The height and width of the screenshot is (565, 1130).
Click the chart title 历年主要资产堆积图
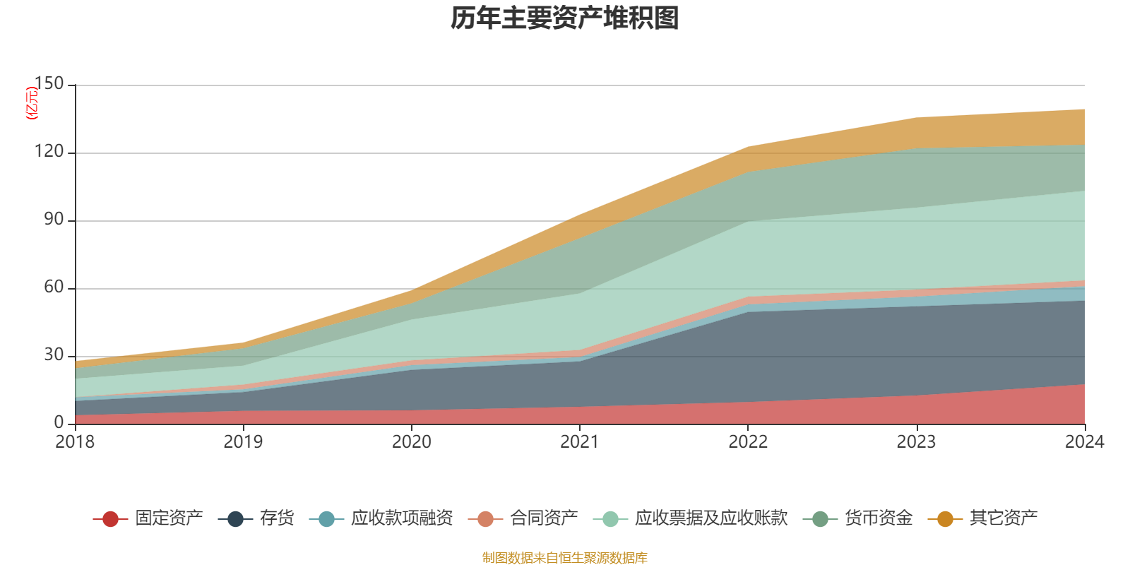tap(565, 18)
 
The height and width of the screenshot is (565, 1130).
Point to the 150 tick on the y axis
tap(49, 84)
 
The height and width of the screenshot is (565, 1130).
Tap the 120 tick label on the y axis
tap(49, 152)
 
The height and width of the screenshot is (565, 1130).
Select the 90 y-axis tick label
tap(54, 220)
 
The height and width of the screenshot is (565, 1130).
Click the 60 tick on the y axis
tap(54, 287)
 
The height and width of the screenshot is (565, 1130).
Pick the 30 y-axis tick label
tap(54, 355)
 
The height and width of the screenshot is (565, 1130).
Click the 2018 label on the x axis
tap(75, 442)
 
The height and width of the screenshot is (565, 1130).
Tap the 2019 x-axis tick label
tap(243, 442)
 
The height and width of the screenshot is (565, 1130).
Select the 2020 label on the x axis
tap(411, 442)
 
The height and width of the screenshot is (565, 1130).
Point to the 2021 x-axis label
tap(580, 442)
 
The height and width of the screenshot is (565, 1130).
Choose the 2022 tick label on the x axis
tap(748, 442)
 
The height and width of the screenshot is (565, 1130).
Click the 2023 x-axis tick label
tap(916, 442)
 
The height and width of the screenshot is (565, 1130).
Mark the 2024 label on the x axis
tap(1084, 442)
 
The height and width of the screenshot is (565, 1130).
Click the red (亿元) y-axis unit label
tap(32, 103)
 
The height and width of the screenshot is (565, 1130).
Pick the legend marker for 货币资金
tap(820, 519)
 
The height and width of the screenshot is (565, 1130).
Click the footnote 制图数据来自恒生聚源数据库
tap(565, 558)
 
